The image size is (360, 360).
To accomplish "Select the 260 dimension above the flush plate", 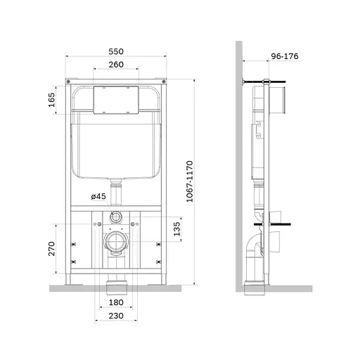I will [116, 65].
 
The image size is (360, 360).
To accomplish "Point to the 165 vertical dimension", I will [51, 101].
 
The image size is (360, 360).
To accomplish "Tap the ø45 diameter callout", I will [98, 196].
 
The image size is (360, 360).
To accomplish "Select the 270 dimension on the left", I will [51, 250].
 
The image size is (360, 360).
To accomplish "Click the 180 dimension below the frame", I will [116, 303].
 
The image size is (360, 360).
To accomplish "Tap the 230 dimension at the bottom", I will [116, 316].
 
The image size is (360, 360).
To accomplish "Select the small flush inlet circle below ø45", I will [116, 217].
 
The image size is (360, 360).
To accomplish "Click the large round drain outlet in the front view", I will [116, 243].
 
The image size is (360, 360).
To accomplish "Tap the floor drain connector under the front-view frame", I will [116, 286].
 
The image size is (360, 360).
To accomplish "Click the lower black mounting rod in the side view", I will [278, 226].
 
